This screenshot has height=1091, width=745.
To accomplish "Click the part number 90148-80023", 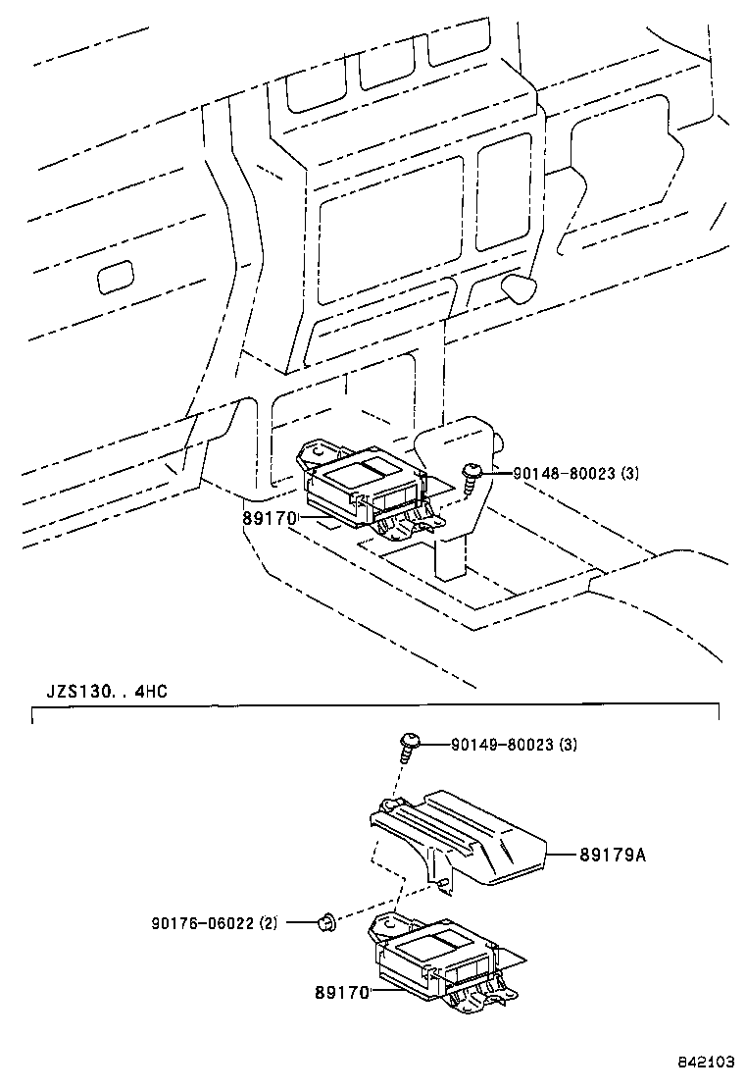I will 564,473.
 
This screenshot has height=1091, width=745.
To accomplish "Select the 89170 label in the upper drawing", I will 270,516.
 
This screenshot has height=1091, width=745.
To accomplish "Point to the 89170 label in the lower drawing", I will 341,993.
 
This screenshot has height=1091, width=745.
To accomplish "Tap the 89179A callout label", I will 612,855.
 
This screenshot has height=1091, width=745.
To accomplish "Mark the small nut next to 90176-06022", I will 327,922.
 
